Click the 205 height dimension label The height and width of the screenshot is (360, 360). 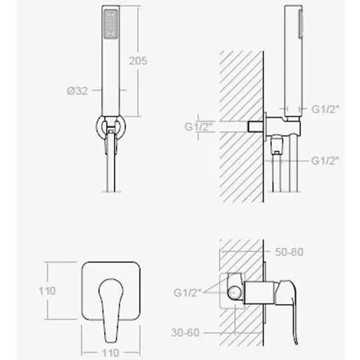click(138, 61)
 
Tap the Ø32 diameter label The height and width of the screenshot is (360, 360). click(77, 90)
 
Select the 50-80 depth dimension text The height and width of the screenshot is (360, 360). click(290, 252)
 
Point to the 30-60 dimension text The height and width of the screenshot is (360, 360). click(185, 332)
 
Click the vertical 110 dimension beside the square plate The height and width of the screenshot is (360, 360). click(47, 291)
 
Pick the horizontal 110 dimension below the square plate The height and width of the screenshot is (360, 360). click(110, 353)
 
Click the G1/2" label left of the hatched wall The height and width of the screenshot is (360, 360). click(198, 127)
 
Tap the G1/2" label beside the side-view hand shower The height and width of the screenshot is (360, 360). click(326, 110)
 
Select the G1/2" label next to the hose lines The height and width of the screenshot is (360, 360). click(326, 161)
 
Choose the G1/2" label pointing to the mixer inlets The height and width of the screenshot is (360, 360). click(188, 293)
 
